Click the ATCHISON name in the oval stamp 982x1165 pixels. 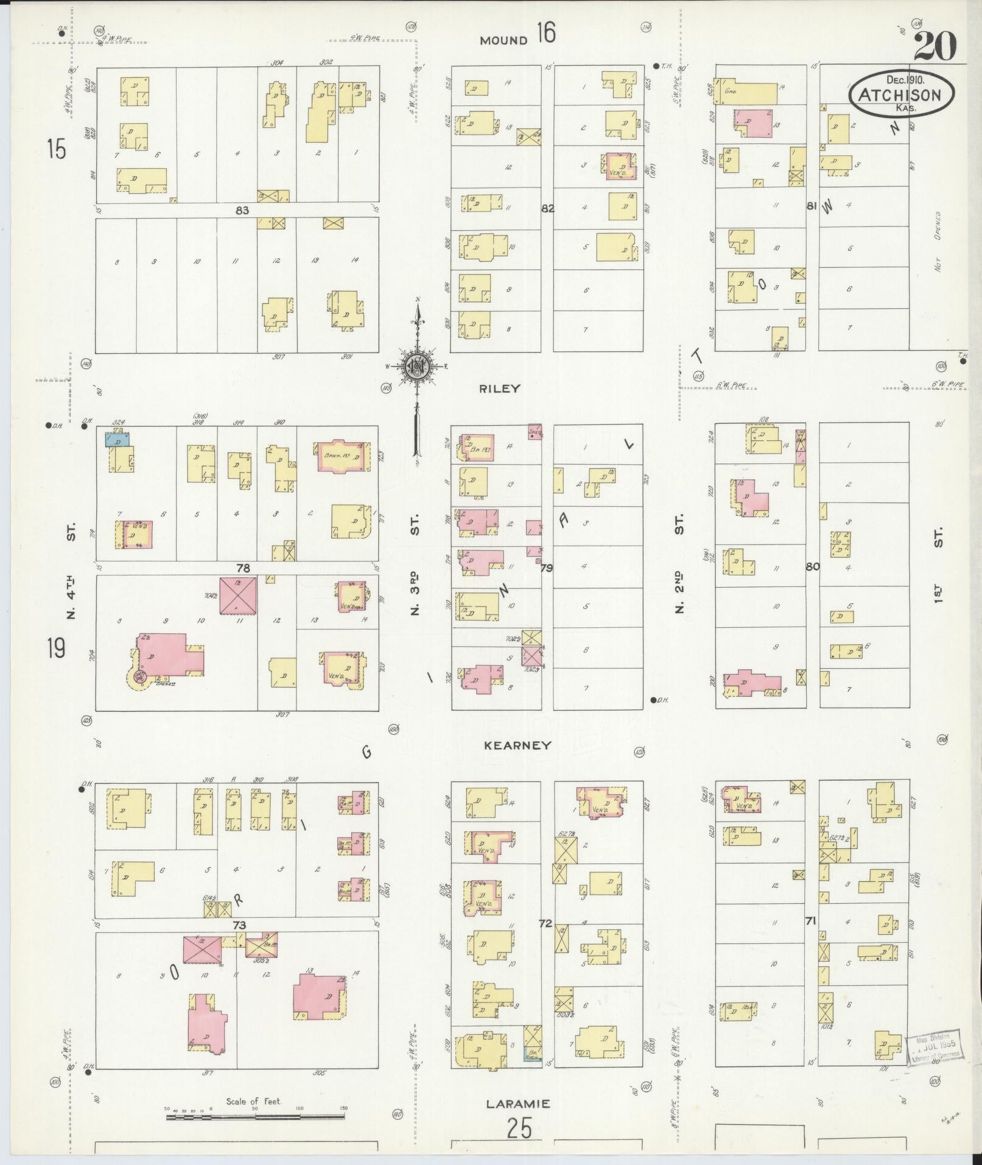coord(900,95)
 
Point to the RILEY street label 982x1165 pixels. coord(500,388)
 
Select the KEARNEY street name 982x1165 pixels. coord(517,745)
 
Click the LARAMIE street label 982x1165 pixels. coord(518,1103)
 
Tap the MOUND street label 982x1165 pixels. coord(503,41)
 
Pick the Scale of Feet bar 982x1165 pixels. coord(255,1116)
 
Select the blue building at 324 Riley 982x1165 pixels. coord(117,440)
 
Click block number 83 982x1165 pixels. coord(243,210)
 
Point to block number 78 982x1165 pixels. coord(243,568)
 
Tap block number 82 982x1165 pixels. coord(547,208)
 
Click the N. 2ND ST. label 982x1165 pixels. coord(679,563)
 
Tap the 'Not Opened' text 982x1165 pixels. coord(938,242)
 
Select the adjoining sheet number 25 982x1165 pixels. coord(519,1130)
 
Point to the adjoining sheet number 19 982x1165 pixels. coord(56,647)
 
